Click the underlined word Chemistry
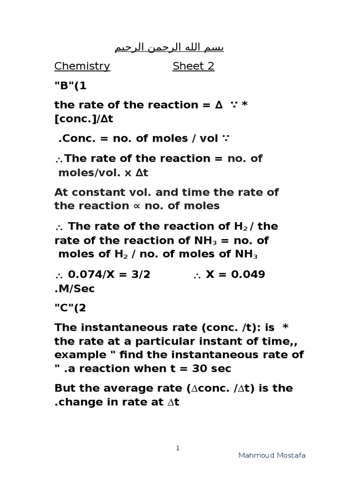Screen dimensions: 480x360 click(82, 66)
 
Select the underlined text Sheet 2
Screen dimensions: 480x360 click(193, 66)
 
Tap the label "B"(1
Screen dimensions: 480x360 click(70, 86)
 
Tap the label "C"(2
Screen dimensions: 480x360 click(70, 308)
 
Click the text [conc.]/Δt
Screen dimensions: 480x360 click(84, 119)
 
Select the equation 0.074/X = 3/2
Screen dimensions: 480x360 click(109, 274)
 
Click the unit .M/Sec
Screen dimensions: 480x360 click(75, 288)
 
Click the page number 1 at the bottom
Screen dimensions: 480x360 click(178, 448)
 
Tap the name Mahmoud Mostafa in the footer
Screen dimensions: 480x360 click(272, 456)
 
